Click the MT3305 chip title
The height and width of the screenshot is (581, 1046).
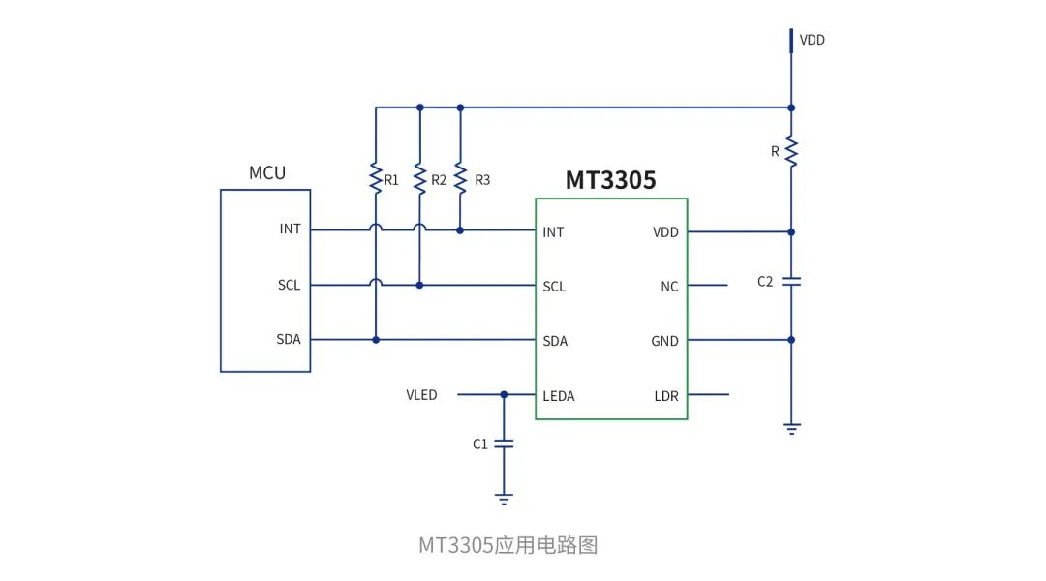tap(610, 180)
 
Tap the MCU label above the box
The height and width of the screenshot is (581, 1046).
tap(267, 173)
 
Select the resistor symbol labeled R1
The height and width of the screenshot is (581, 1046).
tap(376, 178)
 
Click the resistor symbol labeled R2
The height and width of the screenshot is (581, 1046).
tap(419, 178)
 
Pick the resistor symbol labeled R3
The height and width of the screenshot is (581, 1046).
tap(460, 178)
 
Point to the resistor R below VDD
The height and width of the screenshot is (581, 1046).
tap(791, 151)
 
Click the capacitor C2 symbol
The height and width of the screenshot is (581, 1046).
tap(791, 282)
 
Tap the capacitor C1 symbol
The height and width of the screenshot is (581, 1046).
tap(504, 443)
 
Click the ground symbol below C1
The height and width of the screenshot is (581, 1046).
tap(504, 499)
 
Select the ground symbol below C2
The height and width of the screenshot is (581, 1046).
tap(791, 429)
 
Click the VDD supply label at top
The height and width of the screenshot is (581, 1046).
tap(812, 41)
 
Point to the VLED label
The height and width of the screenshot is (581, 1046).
tap(421, 395)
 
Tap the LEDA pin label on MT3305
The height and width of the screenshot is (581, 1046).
tap(559, 396)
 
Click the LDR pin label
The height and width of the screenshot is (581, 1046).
tap(666, 396)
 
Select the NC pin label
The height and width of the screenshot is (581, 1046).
tap(669, 287)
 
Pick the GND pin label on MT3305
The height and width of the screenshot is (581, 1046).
tap(664, 341)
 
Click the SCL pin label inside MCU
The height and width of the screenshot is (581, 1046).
tap(289, 286)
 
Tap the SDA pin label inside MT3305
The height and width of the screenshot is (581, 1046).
tap(555, 341)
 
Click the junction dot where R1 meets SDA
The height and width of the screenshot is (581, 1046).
tap(376, 340)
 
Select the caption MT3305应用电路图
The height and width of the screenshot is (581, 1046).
tap(508, 545)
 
